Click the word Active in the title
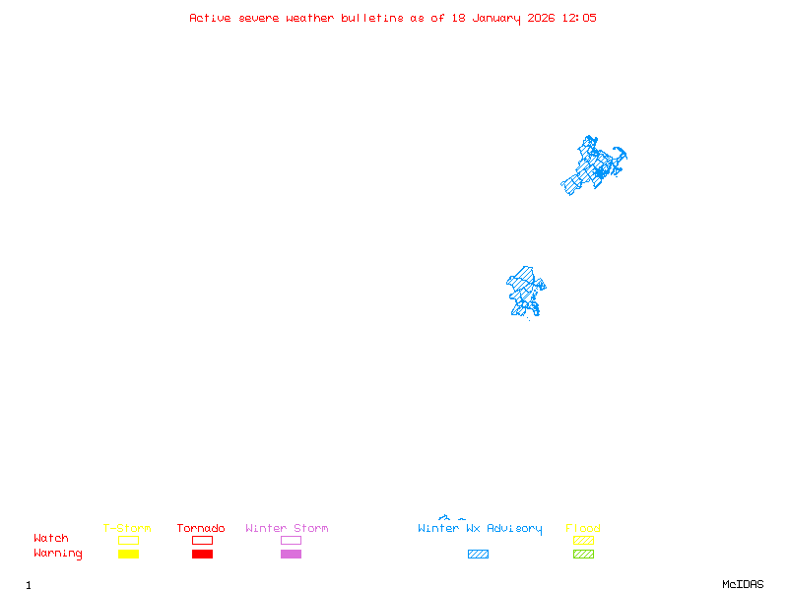click(x=210, y=18)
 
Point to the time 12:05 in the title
click(x=579, y=18)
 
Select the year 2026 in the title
click(x=540, y=18)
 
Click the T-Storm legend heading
click(x=127, y=529)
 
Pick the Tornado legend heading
click(x=201, y=529)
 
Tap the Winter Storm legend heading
click(x=287, y=529)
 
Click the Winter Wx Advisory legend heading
click(x=480, y=529)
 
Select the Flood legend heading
click(x=583, y=529)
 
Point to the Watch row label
click(x=51, y=539)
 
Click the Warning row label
click(x=58, y=554)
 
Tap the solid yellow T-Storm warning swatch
click(x=128, y=555)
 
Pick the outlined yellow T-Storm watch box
click(x=128, y=540)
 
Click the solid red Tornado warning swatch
click(x=202, y=555)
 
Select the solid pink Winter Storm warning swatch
click(x=291, y=555)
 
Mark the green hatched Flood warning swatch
click(x=583, y=555)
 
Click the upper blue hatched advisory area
click(x=593, y=165)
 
